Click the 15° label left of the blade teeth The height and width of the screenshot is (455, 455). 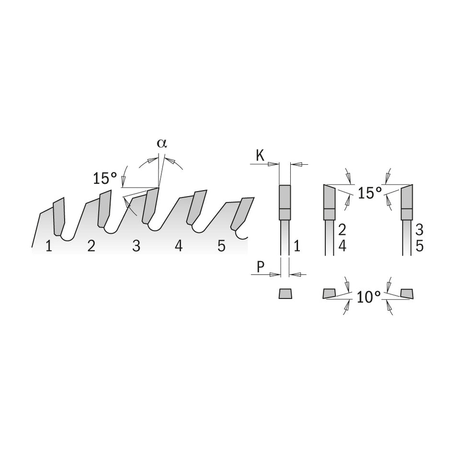pos(105,179)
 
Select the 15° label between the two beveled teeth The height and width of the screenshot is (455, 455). pos(370,193)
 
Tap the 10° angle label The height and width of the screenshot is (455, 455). pos(369,297)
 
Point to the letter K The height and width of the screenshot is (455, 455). pos(260,156)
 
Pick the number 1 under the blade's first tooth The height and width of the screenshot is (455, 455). pos(49,247)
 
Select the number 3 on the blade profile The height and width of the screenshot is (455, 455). pos(136,246)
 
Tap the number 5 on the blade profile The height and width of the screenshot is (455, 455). pos(221,246)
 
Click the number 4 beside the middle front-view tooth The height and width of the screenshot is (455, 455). pos(342,246)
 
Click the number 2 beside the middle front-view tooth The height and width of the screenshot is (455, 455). pos(342,229)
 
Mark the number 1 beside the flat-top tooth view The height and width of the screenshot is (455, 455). pos(296,246)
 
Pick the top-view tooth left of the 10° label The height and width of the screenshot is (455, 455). pos(330,293)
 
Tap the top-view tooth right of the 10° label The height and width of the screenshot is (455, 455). pos(407,293)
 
